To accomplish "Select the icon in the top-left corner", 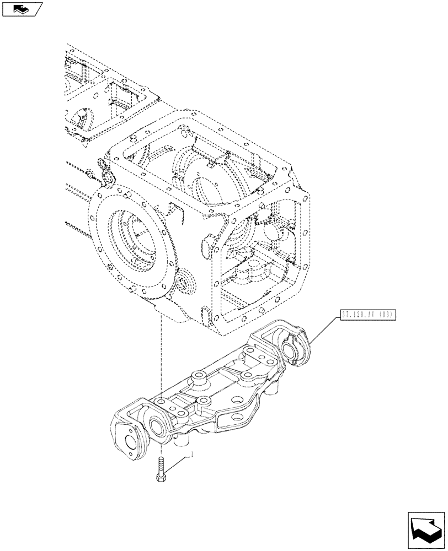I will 22,9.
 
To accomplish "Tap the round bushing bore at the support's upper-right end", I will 289,349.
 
